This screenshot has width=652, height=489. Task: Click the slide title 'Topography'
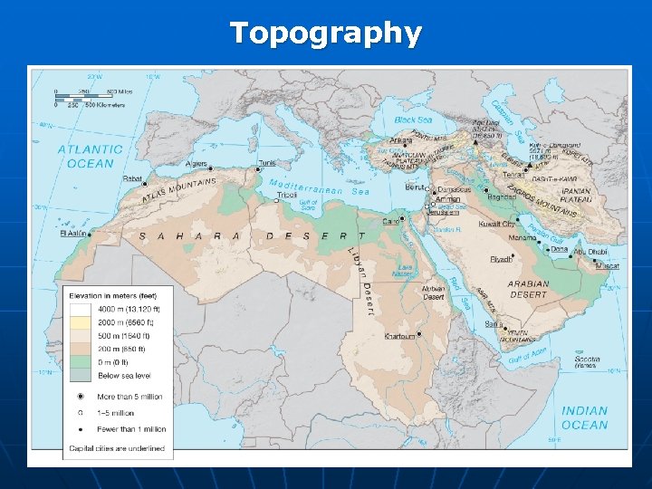click(x=326, y=33)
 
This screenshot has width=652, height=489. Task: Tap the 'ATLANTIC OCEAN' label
click(x=90, y=157)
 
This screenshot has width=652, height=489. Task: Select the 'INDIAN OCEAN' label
click(x=584, y=417)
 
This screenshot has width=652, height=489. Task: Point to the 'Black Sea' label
click(x=413, y=120)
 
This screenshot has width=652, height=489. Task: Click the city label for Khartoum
click(x=399, y=336)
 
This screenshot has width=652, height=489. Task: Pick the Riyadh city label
click(x=501, y=259)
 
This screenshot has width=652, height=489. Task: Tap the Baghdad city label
click(x=500, y=197)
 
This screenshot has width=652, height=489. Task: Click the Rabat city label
click(x=132, y=177)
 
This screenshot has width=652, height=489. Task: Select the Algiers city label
click(x=197, y=164)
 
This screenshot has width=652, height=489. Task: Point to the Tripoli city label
click(x=287, y=195)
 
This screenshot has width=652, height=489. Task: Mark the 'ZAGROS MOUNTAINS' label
click(x=541, y=201)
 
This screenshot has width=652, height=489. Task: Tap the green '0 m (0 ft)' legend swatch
click(x=80, y=361)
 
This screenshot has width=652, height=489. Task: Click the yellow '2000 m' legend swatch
click(x=80, y=321)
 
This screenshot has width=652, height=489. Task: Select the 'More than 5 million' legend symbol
click(x=81, y=397)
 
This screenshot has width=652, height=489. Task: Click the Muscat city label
click(x=608, y=266)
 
